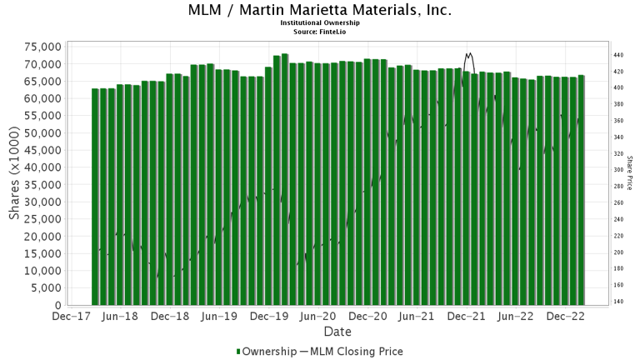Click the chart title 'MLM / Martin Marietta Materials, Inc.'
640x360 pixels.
tap(320, 11)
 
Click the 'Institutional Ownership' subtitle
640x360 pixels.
tap(320, 23)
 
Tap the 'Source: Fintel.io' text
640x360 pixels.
tap(320, 32)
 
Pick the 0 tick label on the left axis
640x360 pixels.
tap(57, 306)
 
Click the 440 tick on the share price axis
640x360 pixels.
tap(619, 55)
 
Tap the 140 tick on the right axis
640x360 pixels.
tap(619, 301)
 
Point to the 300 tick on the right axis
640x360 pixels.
tap(619, 170)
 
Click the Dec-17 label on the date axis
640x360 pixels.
tap(71, 317)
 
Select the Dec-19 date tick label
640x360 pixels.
tap(269, 317)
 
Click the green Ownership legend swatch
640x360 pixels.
tap(239, 352)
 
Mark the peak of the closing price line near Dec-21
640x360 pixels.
tap(468, 53)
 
